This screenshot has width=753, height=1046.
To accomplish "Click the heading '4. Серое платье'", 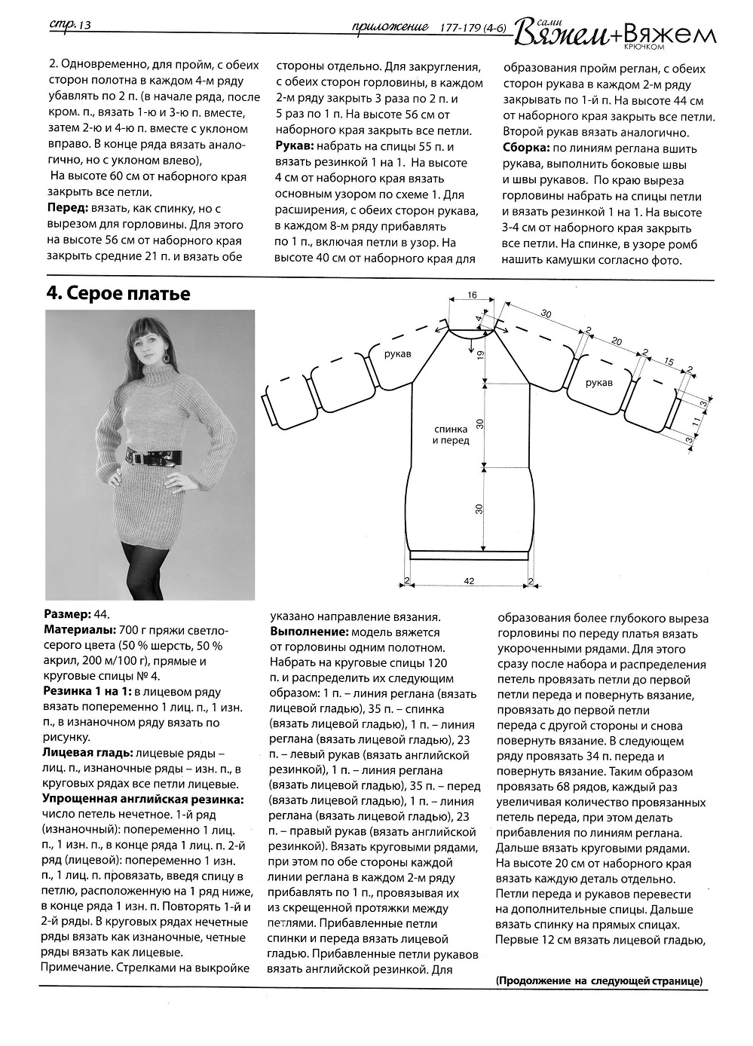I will pyautogui.click(x=117, y=295).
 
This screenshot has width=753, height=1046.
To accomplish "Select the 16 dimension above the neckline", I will pyautogui.click(x=472, y=295).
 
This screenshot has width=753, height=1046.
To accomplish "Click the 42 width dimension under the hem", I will pyautogui.click(x=468, y=581).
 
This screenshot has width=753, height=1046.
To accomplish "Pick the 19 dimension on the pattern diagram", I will pyautogui.click(x=479, y=361).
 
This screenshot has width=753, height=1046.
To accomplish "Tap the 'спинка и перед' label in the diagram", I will pyautogui.click(x=450, y=434).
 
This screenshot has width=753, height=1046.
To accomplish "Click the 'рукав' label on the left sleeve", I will pyautogui.click(x=397, y=353).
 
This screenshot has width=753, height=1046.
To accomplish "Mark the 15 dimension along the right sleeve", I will pyautogui.click(x=668, y=362).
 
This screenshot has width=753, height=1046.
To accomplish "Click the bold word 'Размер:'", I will pyautogui.click(x=67, y=615).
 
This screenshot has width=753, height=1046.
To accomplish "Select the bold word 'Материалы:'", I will pyautogui.click(x=80, y=630).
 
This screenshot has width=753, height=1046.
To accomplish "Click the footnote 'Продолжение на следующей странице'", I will pyautogui.click(x=599, y=981).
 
